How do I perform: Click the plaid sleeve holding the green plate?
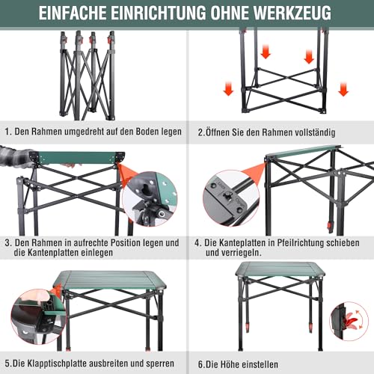[x=15, y=159]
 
